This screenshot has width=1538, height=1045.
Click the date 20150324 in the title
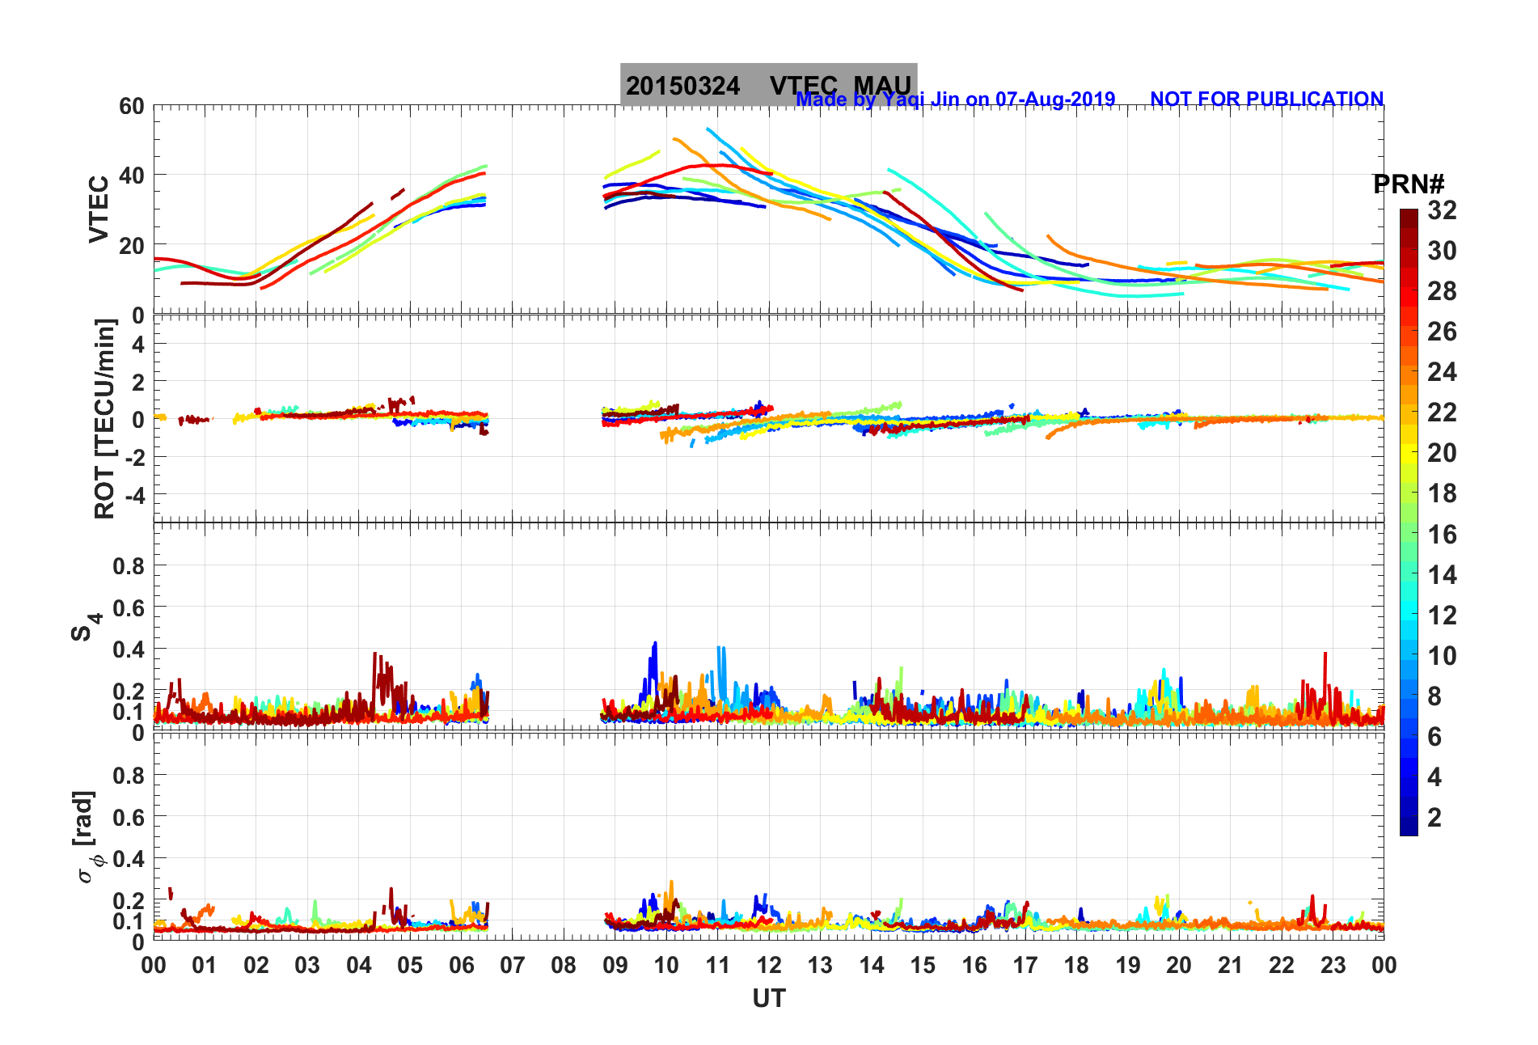pyautogui.click(x=682, y=86)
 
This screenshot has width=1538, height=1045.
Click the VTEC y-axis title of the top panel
pyautogui.click(x=99, y=209)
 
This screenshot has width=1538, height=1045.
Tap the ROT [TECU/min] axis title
pyautogui.click(x=105, y=418)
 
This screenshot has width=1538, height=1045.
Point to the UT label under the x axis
pyautogui.click(x=768, y=999)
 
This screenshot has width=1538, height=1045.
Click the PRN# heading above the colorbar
pyautogui.click(x=1408, y=184)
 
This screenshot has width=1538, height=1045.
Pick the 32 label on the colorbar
pyautogui.click(x=1442, y=210)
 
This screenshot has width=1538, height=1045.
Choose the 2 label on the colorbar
pyautogui.click(x=1434, y=817)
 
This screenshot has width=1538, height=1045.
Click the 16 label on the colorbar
pyautogui.click(x=1442, y=534)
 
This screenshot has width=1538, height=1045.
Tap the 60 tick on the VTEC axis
pyautogui.click(x=131, y=106)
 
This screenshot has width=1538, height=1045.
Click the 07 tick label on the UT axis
pyautogui.click(x=513, y=965)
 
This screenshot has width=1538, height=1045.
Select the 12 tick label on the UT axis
pyautogui.click(x=769, y=965)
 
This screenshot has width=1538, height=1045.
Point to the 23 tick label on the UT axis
pyautogui.click(x=1333, y=965)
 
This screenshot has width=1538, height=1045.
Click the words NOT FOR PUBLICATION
pyautogui.click(x=1266, y=99)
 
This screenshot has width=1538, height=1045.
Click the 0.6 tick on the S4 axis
pyautogui.click(x=129, y=607)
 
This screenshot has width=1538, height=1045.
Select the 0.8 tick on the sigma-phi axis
pyautogui.click(x=129, y=775)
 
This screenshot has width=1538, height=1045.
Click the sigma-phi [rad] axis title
pyautogui.click(x=87, y=837)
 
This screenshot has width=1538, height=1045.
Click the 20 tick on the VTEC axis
pyautogui.click(x=131, y=245)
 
